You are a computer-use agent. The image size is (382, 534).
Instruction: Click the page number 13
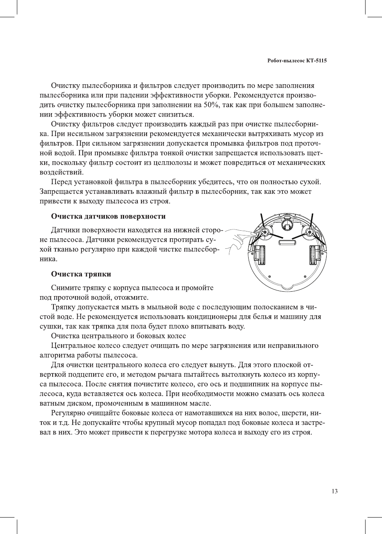click(x=335, y=491)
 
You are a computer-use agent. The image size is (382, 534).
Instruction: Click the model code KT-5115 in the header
click(x=317, y=61)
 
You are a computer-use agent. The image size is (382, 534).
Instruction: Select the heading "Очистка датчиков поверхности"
click(x=108, y=216)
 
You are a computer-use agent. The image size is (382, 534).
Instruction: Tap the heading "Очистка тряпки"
click(x=81, y=274)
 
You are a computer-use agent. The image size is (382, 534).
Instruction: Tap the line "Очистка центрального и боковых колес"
click(x=118, y=336)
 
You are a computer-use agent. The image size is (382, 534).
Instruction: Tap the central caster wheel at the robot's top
click(x=287, y=223)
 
